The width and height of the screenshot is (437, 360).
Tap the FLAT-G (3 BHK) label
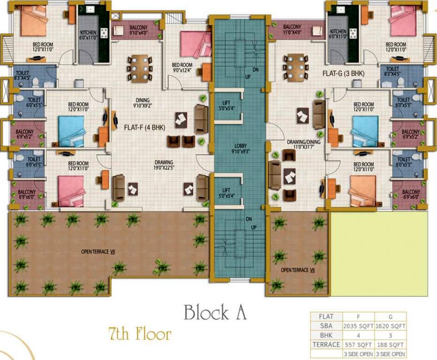(x=344, y=74)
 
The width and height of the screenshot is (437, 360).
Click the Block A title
(x=215, y=312)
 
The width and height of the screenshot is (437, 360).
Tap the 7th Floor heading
(x=140, y=335)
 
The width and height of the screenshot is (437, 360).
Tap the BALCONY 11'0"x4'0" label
(x=292, y=30)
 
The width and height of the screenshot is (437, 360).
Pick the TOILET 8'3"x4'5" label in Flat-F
(x=23, y=76)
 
